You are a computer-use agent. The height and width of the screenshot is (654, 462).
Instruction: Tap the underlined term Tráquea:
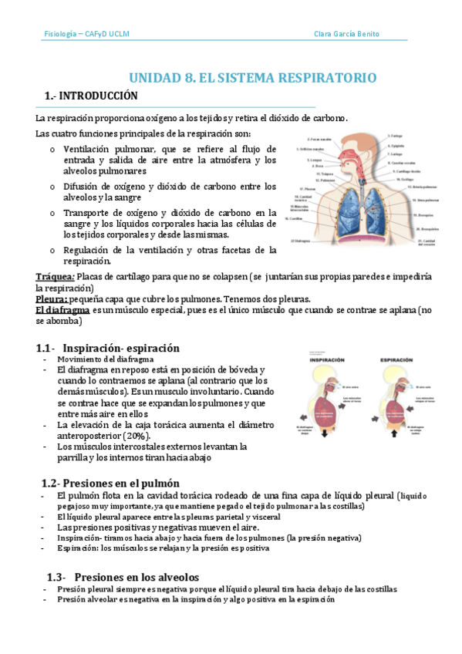tap(56, 276)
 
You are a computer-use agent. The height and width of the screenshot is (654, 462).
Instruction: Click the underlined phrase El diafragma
tap(62, 310)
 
